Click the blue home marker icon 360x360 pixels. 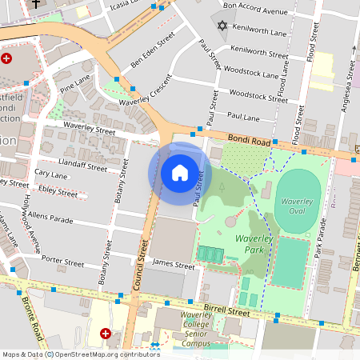[x=180, y=173]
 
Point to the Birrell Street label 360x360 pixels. [x=231, y=309]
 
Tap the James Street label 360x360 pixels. [x=174, y=265]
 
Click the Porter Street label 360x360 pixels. [x=63, y=262]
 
